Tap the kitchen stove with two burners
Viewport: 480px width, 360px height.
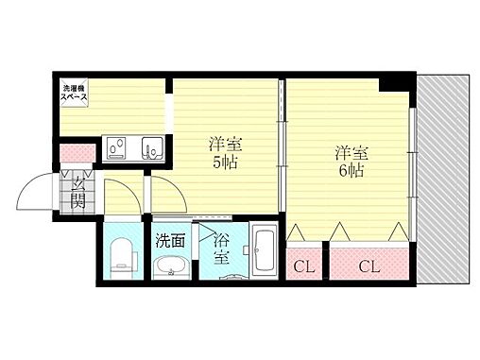point(120,148)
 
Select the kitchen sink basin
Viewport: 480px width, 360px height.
point(151,148)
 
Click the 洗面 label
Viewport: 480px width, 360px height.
point(170,239)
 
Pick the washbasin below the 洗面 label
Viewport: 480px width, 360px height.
point(171,266)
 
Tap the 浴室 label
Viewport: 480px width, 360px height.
point(223,248)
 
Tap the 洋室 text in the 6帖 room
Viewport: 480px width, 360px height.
point(350,152)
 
